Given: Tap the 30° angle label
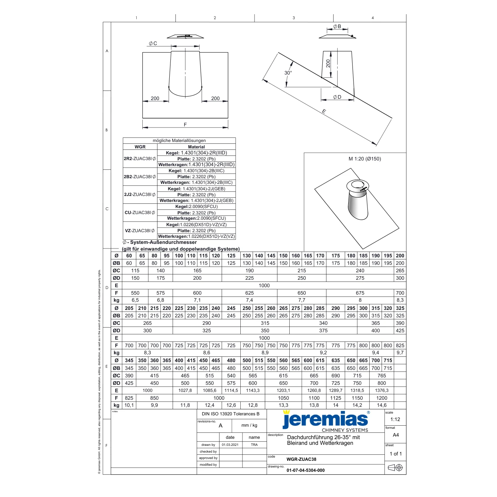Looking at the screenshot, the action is click(288, 73).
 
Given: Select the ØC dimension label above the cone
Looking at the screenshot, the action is click(153, 43).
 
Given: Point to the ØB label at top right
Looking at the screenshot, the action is click(337, 26).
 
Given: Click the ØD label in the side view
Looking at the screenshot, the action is click(337, 97).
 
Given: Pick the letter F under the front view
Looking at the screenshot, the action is click(185, 125).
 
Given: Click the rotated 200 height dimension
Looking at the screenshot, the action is click(328, 64).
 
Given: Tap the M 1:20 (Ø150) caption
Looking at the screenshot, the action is click(365, 159).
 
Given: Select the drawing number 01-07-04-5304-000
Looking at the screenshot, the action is click(306, 470).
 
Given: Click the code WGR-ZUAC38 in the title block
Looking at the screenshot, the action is click(301, 459).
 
